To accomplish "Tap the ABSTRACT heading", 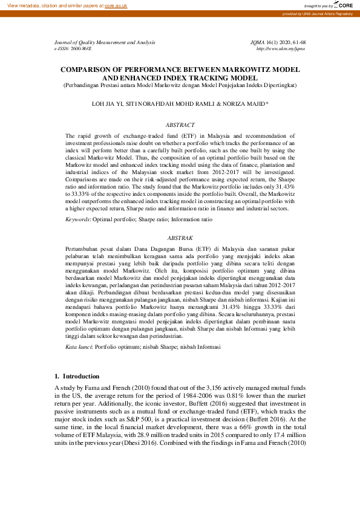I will coord(180,124).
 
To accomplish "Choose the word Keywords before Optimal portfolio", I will coord(77,218).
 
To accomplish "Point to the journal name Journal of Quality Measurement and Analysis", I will coord(105,42).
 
